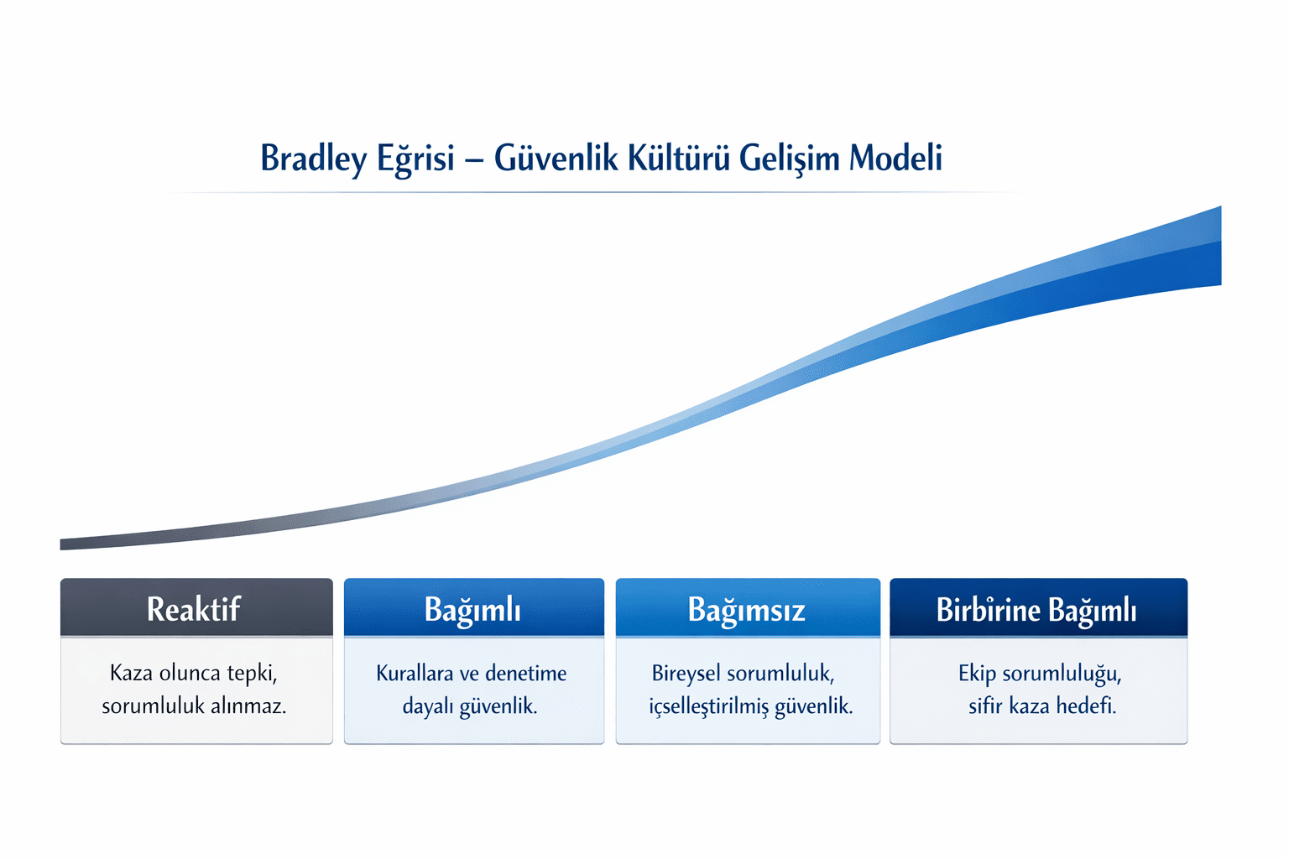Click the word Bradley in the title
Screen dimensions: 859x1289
tap(313, 159)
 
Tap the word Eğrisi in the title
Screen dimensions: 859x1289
tap(415, 159)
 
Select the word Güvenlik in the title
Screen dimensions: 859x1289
tap(556, 158)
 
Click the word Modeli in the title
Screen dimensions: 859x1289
tap(895, 158)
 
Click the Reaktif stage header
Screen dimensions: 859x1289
tap(194, 609)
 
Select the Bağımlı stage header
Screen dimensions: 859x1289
tap(472, 609)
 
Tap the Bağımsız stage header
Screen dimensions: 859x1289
tap(746, 609)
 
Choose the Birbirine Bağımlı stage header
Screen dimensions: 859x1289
tap(1036, 609)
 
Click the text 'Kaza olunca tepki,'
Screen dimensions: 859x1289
tap(194, 673)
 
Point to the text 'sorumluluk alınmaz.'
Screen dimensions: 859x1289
tap(194, 705)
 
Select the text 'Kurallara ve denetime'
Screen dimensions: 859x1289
tap(471, 673)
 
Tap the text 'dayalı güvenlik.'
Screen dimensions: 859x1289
tap(470, 705)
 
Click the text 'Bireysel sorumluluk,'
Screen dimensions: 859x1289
tap(743, 673)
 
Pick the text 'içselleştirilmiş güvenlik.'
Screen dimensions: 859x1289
tap(750, 705)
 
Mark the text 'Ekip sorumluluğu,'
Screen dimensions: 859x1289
tap(1040, 673)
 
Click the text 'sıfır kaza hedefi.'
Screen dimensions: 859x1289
tap(1042, 705)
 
